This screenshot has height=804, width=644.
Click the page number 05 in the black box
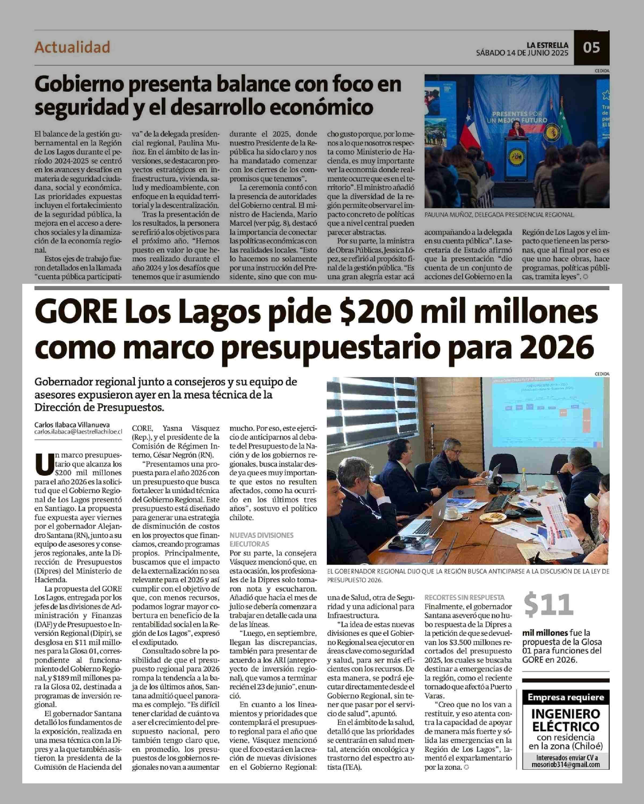591,48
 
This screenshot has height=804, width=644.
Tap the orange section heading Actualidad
72,47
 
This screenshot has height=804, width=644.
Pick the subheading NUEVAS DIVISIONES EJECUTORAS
261,539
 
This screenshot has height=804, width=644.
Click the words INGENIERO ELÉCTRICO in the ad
566,720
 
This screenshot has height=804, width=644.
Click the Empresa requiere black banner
566,697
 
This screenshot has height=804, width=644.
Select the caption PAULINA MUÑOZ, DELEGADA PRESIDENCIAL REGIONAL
499,215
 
